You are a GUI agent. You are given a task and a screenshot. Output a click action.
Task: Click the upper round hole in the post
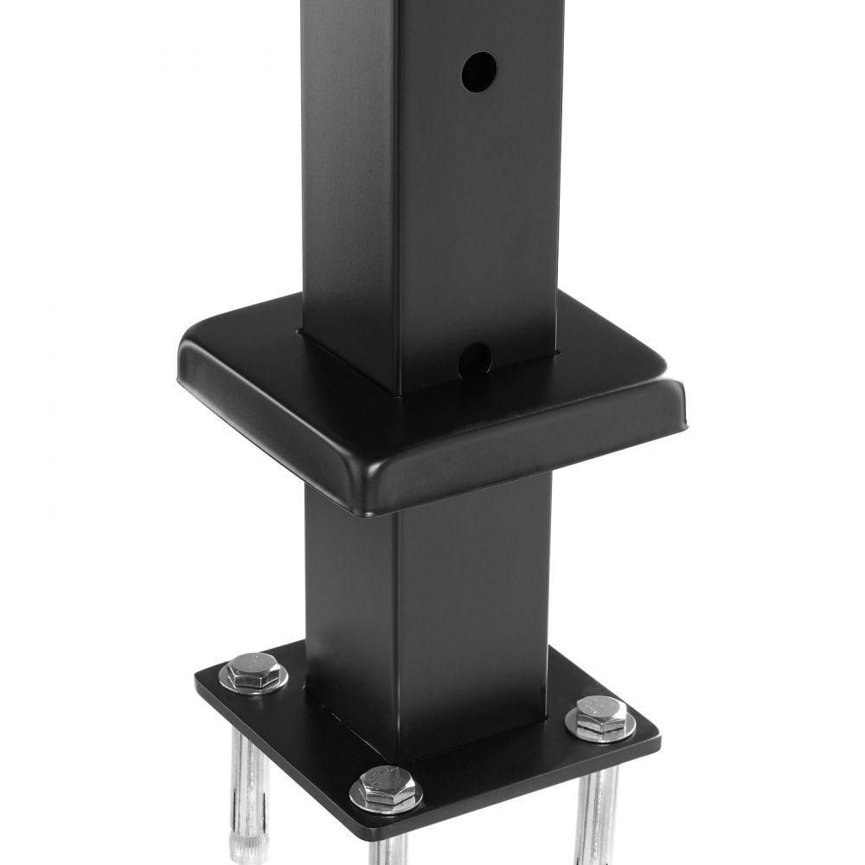click(478, 72)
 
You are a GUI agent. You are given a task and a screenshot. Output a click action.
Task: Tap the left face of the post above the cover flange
click(346, 173)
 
